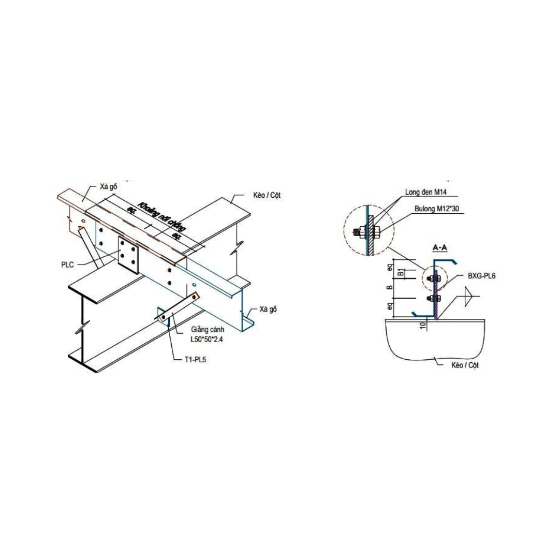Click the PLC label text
tap(67, 264)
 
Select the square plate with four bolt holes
tap(128, 255)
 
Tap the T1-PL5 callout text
tap(195, 359)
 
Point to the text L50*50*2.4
tap(207, 340)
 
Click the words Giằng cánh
tap(208, 330)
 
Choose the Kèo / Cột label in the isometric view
tap(267, 195)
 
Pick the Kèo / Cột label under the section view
tap(465, 365)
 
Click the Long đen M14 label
tap(425, 192)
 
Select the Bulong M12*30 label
tap(437, 209)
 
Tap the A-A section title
tap(440, 247)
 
